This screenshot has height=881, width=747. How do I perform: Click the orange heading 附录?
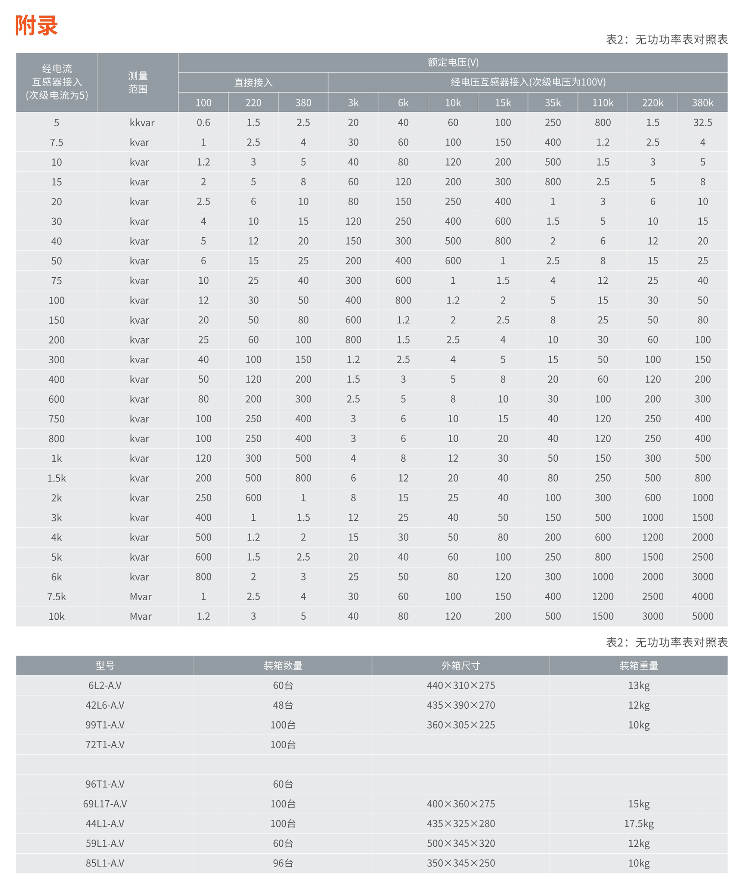tap(37, 25)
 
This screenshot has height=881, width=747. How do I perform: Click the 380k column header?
tap(702, 102)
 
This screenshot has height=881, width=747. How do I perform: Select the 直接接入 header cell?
tap(253, 82)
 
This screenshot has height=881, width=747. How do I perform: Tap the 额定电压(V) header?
tap(453, 62)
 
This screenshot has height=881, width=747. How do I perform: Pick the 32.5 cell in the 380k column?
tap(702, 123)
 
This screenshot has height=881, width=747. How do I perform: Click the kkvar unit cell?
tap(142, 123)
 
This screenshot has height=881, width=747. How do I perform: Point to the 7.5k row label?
tap(56, 596)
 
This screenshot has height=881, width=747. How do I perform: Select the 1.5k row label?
tap(56, 478)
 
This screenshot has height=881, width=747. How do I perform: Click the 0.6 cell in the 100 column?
tap(203, 123)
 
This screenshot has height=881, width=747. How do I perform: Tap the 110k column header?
tap(602, 102)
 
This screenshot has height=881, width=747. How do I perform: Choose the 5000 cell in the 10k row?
tap(702, 616)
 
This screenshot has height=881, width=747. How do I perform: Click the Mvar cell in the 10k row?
tap(140, 616)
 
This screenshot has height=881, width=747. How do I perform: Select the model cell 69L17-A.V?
tap(105, 804)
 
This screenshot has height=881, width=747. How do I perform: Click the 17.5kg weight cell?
tap(639, 823)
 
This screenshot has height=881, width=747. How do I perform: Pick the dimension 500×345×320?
tap(461, 843)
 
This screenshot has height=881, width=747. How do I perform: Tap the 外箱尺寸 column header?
tap(461, 666)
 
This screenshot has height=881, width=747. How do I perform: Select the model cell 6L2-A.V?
tap(105, 685)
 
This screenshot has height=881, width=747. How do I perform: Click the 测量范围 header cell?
tap(137, 82)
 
